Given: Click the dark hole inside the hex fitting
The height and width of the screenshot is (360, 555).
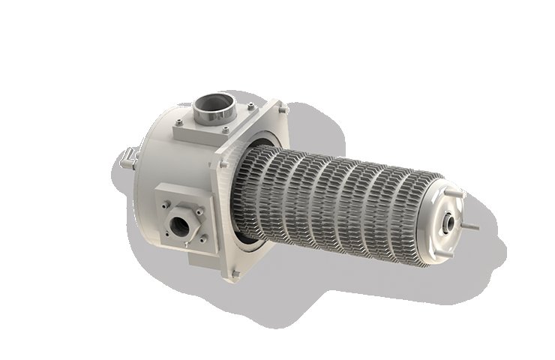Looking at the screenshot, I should tap(181, 224).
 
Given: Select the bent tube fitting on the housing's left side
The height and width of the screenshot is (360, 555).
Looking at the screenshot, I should tap(127, 158).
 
